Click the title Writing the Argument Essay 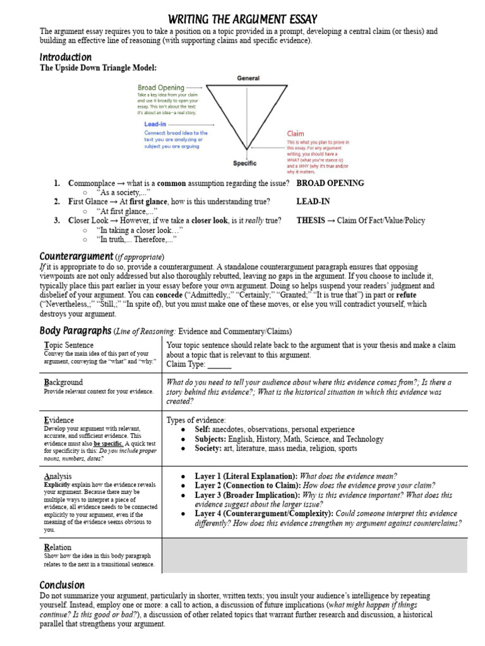click(x=242, y=19)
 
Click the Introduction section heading click(x=66, y=57)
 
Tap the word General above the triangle click(x=248, y=78)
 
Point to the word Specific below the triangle click(x=244, y=163)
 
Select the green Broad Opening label click(x=161, y=88)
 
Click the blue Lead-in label click(x=155, y=124)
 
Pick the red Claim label click(x=295, y=134)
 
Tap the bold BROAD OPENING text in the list click(x=330, y=184)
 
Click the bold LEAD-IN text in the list click(x=313, y=202)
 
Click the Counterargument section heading click(x=76, y=256)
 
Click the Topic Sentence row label click(x=69, y=345)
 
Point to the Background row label click(x=63, y=382)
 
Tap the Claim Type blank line click(x=219, y=365)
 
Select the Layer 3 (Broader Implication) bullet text click(x=244, y=496)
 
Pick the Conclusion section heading click(x=62, y=585)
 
